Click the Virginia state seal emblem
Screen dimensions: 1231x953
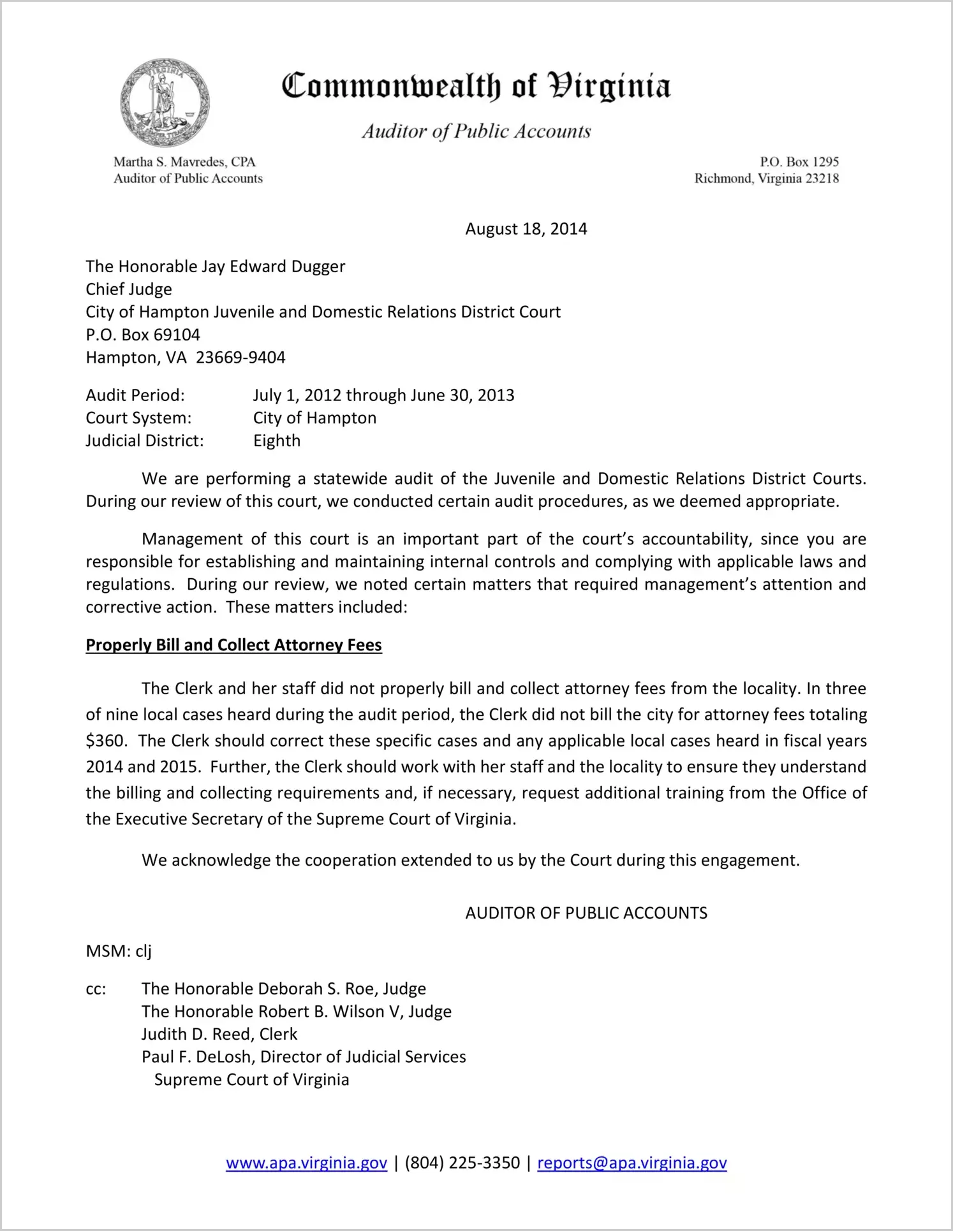[165, 103]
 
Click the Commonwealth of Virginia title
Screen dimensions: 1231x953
[476, 87]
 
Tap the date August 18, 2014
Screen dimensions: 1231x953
[526, 229]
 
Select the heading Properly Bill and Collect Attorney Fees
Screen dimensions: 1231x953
[233, 645]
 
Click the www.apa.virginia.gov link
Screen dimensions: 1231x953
[306, 1163]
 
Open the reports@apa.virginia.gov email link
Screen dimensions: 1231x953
[632, 1163]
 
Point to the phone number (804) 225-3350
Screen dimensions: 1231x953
[462, 1163]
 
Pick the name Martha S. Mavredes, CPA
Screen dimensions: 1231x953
[184, 162]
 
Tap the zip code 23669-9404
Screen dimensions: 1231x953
[240, 358]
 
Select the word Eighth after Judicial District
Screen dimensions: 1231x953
[277, 441]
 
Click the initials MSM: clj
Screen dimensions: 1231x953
[119, 951]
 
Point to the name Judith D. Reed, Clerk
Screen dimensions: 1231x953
[219, 1034]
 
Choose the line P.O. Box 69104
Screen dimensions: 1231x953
[143, 335]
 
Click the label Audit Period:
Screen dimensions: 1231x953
[135, 395]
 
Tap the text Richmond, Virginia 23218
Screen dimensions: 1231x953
[766, 178]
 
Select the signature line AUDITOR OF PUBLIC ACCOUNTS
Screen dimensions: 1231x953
[586, 913]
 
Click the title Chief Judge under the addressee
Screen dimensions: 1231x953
[129, 289]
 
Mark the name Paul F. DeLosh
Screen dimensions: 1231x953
[198, 1057]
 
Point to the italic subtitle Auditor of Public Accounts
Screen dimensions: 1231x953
[476, 131]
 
